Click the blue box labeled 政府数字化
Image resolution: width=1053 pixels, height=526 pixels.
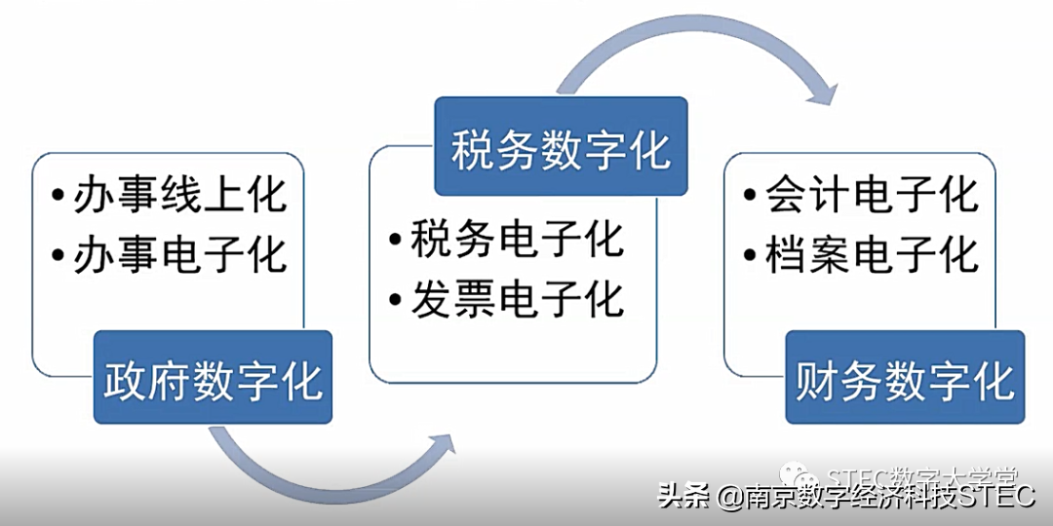[213, 378]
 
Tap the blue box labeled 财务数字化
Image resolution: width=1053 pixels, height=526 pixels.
[905, 378]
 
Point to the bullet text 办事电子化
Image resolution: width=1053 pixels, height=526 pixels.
[181, 255]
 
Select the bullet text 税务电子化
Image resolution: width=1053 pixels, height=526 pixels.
[517, 240]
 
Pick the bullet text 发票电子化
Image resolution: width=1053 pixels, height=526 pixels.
[517, 299]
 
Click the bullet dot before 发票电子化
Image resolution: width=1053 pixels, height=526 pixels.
[394, 300]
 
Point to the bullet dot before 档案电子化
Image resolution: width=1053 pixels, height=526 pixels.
[749, 256]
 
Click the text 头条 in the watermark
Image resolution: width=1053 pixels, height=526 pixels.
[683, 497]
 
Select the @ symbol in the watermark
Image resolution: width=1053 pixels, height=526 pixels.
[729, 498]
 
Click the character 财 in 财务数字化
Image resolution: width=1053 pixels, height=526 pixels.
[818, 378]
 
